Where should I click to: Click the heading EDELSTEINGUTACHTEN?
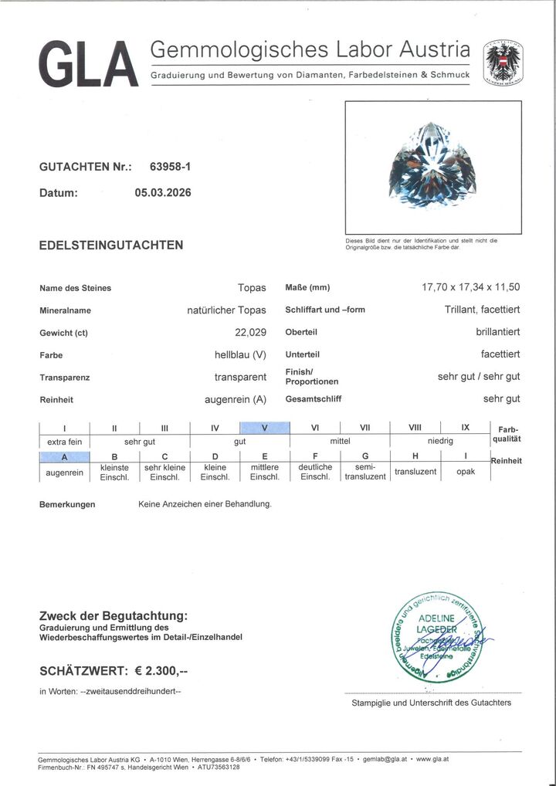coord(111,246)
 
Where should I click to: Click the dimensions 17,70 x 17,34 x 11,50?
coord(470,287)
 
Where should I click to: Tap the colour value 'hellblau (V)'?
coord(240,355)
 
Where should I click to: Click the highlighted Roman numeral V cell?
coord(265,429)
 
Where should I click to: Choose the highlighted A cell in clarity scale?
coord(64,456)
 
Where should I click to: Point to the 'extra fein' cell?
coord(64,441)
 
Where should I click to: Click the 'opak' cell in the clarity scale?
coord(466,471)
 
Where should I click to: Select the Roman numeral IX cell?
coord(466,429)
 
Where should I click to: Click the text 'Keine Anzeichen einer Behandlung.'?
coord(205,504)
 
